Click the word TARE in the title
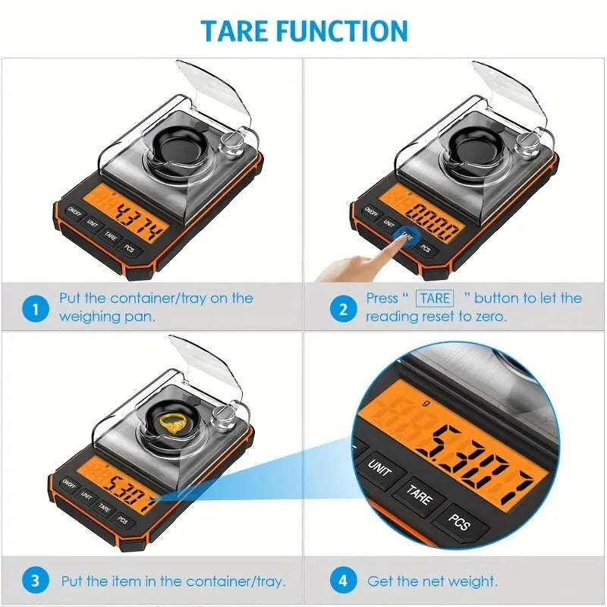(x=235, y=30)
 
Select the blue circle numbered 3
(x=36, y=582)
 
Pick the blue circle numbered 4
(x=343, y=582)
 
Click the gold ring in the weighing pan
(x=176, y=426)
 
